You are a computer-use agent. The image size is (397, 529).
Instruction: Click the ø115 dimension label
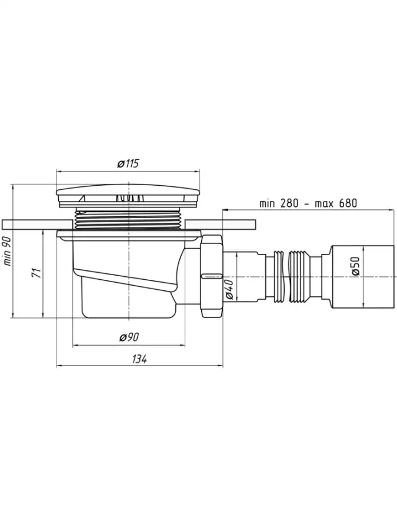point(128,164)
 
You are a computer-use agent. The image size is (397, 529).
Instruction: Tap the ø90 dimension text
point(129,337)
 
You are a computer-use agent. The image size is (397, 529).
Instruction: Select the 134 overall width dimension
point(139,359)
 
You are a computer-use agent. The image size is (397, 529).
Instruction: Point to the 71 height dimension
point(37,273)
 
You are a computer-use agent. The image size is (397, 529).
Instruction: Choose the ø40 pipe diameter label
point(229,289)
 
